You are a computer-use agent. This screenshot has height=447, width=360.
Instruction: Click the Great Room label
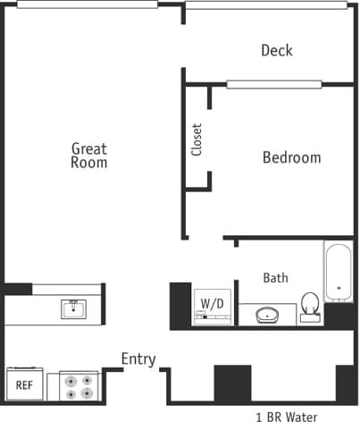point(89,156)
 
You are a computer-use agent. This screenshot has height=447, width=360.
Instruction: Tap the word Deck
point(277,50)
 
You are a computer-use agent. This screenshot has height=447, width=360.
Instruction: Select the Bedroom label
point(291,157)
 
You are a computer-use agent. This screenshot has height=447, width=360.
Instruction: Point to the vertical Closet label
point(197,139)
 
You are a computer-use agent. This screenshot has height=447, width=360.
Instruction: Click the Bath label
point(275,278)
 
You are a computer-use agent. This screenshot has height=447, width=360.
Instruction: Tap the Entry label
point(138,359)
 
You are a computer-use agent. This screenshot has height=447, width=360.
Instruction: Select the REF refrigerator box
point(24,385)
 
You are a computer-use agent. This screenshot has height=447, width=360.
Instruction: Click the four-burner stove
point(78,385)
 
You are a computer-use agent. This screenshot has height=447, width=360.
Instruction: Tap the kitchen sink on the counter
point(73,309)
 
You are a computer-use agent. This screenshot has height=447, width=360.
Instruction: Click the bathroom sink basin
point(268,315)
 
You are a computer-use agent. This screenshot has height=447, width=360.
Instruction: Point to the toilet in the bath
point(311,306)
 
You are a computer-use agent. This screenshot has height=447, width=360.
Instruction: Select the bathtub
point(339,271)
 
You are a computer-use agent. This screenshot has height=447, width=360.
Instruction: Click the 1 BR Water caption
point(285,417)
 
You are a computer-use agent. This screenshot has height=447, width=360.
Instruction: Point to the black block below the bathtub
point(340,316)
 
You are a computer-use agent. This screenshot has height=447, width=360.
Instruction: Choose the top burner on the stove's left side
point(70,379)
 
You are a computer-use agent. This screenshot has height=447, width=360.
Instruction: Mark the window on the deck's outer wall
point(266,4)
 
